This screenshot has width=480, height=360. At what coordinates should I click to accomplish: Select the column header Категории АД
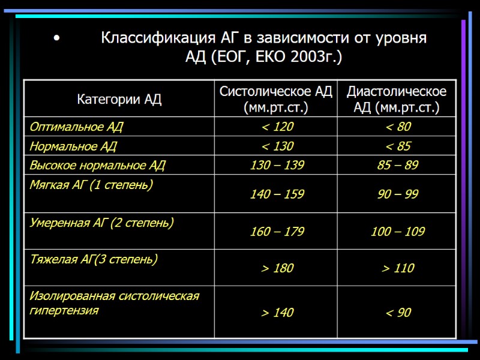tap(119, 99)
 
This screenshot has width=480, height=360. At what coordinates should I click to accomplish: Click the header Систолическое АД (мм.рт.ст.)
tap(275, 100)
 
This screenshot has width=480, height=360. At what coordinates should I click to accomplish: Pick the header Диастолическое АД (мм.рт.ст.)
tap(397, 100)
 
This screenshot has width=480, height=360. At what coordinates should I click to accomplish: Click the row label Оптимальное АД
tap(76, 127)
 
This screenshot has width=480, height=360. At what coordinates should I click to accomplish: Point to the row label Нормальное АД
tap(73, 146)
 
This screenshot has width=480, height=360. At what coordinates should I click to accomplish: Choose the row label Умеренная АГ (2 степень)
tap(101, 223)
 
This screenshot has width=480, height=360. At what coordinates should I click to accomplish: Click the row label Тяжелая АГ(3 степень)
tap(94, 260)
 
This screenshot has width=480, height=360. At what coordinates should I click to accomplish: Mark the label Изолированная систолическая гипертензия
tap(114, 303)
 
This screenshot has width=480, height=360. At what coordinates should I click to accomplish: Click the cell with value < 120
tap(277, 127)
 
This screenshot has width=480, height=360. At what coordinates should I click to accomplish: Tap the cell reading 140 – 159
tap(277, 194)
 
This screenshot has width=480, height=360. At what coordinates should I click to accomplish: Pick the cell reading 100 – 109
tap(398, 232)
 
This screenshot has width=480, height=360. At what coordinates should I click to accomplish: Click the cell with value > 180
tap(277, 268)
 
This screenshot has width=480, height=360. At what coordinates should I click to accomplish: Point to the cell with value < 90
tap(398, 313)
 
